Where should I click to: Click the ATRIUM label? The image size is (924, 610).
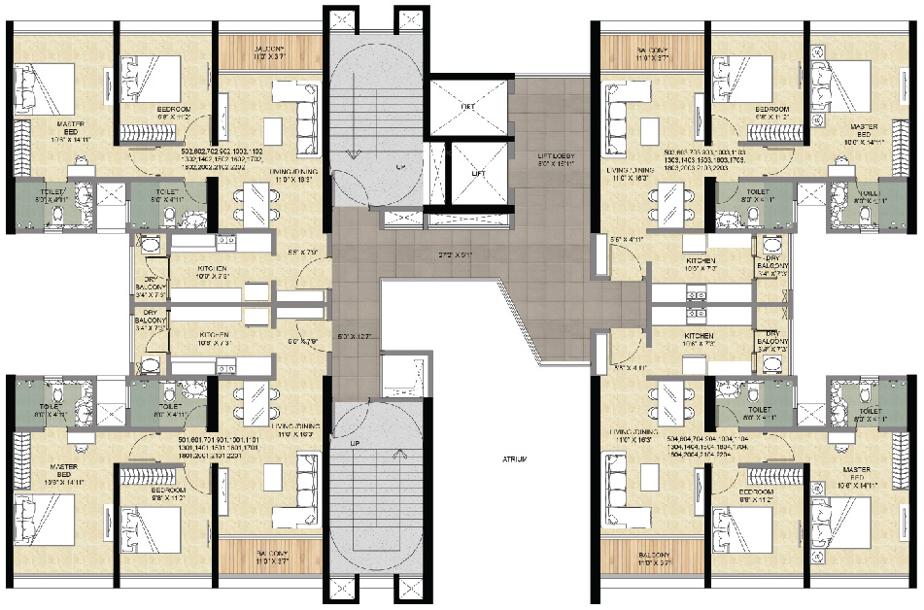coord(516,459)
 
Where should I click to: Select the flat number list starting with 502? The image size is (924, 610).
coord(222,159)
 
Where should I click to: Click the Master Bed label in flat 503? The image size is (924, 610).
coord(864,133)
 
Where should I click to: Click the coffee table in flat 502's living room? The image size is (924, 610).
coord(276,128)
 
